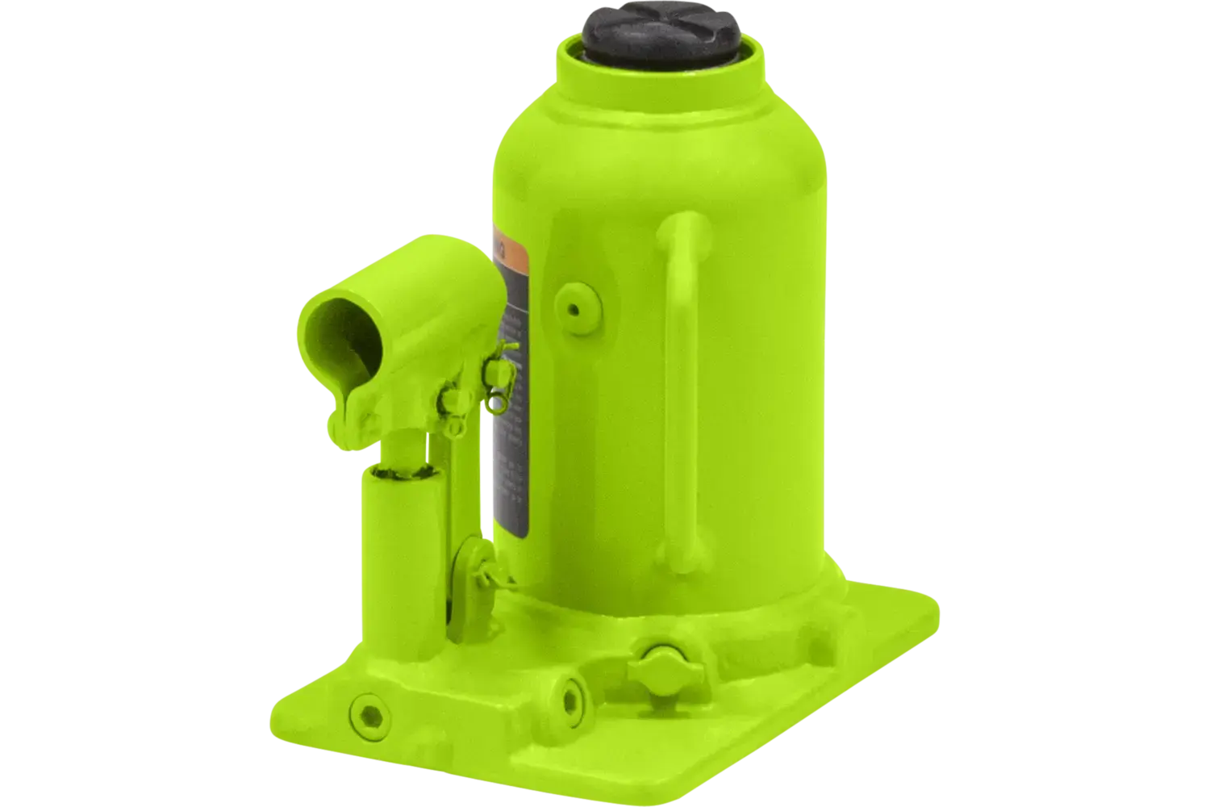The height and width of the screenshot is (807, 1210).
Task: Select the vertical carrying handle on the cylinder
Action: [682, 387]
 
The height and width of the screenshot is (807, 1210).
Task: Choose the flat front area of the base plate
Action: [645, 751]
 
